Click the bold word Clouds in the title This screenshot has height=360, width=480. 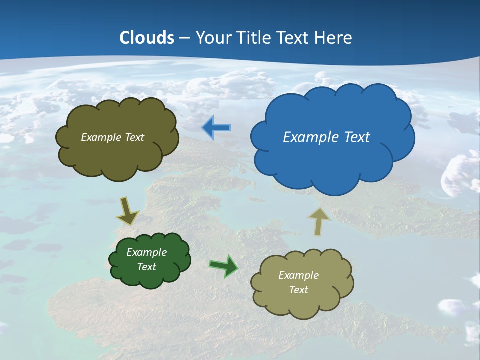tap(147, 38)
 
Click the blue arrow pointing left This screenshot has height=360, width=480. tap(216, 128)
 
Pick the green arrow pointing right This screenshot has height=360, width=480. tap(224, 266)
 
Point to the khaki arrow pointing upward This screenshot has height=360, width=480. tap(318, 221)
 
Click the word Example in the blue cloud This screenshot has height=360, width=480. tap(308, 137)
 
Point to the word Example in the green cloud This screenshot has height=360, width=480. tap(146, 252)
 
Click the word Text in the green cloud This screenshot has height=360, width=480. tap(146, 267)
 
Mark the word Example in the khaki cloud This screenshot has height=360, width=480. tap(298, 275)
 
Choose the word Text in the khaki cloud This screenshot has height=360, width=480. tap(298, 290)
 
